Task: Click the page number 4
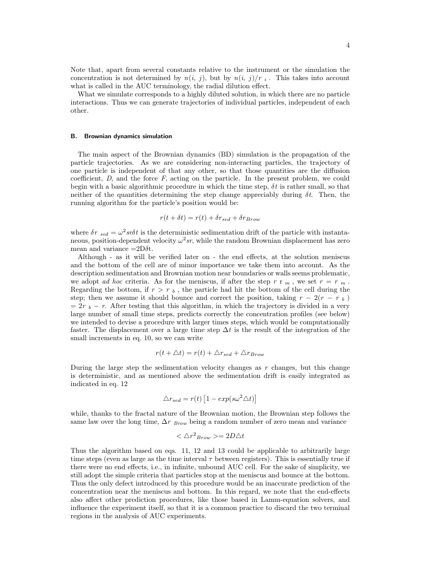click(x=348, y=45)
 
